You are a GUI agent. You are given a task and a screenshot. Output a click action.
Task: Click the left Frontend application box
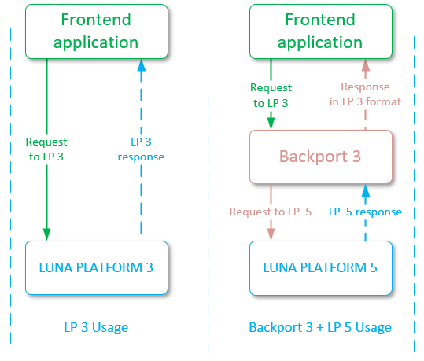click(x=96, y=31)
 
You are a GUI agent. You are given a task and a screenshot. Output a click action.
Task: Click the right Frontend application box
click(x=319, y=31)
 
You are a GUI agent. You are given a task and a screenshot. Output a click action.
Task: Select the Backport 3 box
click(x=319, y=157)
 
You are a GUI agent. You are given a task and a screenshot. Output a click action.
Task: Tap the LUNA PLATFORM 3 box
click(x=96, y=267)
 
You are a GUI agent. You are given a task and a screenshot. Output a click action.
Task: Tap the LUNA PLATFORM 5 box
click(x=319, y=267)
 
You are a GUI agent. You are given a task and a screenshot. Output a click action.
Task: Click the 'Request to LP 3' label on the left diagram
click(x=46, y=149)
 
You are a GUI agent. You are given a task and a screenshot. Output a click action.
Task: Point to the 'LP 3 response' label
click(x=142, y=149)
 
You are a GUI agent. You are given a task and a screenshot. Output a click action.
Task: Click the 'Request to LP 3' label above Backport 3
click(x=271, y=94)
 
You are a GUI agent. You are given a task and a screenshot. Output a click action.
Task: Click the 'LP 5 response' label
click(x=365, y=212)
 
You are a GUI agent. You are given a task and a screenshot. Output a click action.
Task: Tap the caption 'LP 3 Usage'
click(x=96, y=327)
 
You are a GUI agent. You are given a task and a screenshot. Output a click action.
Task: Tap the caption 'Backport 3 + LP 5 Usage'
click(x=319, y=327)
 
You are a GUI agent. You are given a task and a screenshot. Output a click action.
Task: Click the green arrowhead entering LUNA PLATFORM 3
click(x=46, y=234)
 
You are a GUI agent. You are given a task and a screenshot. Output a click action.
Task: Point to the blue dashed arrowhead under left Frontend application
click(x=142, y=64)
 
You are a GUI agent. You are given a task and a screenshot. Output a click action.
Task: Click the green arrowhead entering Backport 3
click(x=271, y=123)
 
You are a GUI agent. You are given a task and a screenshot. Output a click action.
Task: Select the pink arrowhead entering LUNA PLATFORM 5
click(x=271, y=234)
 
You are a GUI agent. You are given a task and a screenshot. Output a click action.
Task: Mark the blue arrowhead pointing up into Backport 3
click(x=365, y=189)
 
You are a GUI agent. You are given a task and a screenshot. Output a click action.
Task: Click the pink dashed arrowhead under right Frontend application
click(x=365, y=64)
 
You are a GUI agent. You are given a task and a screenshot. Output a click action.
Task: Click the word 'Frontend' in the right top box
click(x=319, y=20)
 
